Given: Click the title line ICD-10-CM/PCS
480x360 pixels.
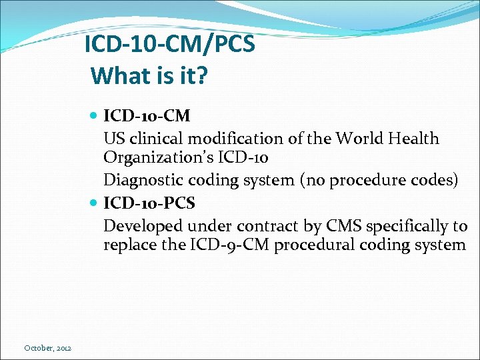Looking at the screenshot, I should click(x=169, y=46).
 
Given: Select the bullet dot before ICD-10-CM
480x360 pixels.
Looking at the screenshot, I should click(x=94, y=116).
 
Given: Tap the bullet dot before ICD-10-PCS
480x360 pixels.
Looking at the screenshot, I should click(x=94, y=202).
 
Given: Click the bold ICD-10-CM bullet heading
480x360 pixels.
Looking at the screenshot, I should click(x=147, y=116).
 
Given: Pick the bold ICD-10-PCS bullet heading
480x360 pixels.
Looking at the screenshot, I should click(x=149, y=202).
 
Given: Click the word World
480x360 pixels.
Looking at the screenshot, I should click(x=363, y=139).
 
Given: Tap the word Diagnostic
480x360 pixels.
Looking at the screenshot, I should click(x=139, y=181).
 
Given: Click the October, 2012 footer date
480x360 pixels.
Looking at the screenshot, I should click(x=48, y=348).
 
